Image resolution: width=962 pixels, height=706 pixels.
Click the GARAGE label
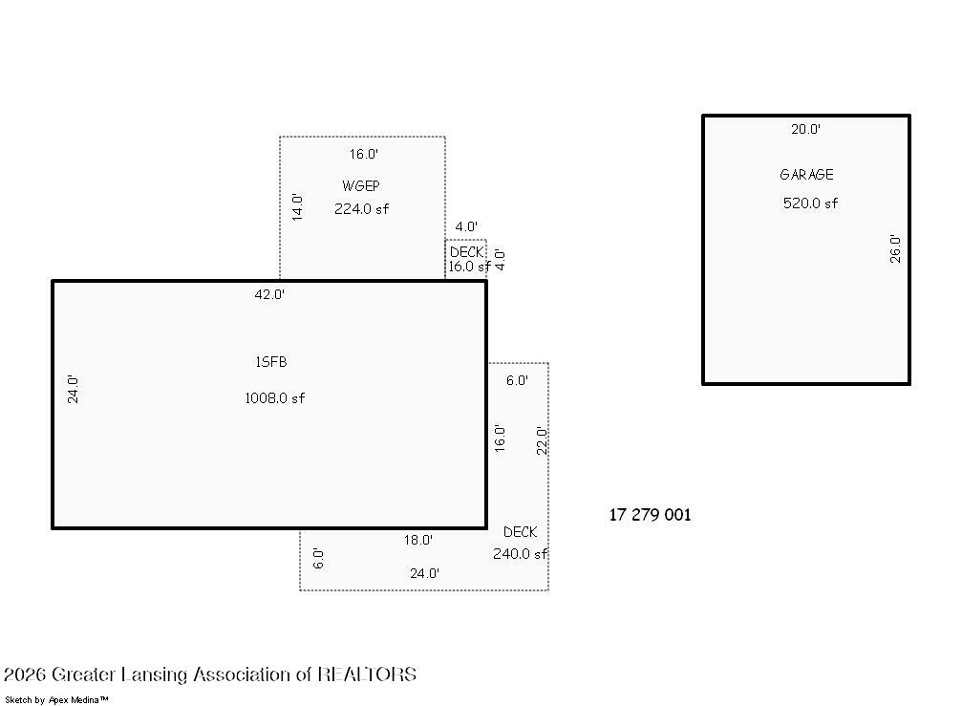point(806,175)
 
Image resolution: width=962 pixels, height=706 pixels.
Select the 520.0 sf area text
point(810,203)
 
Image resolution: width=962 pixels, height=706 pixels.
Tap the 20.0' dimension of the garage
point(805,129)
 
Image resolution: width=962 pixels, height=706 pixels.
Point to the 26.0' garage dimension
point(895,248)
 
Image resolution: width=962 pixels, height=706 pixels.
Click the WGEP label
point(361,186)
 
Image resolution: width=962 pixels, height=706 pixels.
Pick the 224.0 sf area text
point(361,209)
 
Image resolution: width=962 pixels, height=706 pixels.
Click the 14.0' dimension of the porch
point(297,206)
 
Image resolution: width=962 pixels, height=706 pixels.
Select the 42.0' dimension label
point(269,294)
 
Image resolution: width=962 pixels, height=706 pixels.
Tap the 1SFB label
point(271,362)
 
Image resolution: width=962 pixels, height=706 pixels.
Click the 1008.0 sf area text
point(275,398)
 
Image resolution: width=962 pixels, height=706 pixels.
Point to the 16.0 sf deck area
point(469,267)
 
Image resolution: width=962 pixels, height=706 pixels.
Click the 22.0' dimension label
point(542,440)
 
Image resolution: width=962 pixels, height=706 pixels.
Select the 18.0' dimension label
point(417,540)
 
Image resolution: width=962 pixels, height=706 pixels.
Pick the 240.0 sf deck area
point(521,554)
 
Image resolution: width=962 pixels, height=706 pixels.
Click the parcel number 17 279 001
point(650,515)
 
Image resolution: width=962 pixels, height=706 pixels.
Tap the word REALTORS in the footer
point(367,674)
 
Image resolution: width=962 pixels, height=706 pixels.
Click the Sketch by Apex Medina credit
point(56,700)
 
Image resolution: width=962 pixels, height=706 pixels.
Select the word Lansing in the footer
point(154,674)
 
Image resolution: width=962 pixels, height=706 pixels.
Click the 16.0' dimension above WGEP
point(364,154)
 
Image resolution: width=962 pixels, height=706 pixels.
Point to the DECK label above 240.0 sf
point(521,532)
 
